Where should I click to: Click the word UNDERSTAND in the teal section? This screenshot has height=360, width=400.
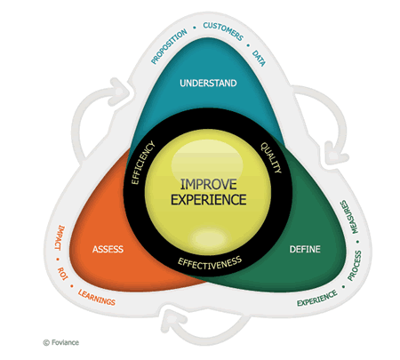point(208,83)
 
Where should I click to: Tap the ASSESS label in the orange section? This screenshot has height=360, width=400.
point(108,249)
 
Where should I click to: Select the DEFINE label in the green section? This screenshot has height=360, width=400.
point(305,249)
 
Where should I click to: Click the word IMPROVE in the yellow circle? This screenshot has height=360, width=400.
point(209,184)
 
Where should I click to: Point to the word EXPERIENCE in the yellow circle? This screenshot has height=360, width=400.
point(209,199)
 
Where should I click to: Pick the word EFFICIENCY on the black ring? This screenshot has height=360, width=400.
point(143,163)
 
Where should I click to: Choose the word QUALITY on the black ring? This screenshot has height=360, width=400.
point(271,157)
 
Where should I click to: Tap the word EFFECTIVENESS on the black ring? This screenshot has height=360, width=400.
point(210,263)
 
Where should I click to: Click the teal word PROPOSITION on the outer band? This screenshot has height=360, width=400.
point(169,46)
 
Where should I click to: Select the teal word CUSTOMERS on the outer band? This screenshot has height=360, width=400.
point(223,31)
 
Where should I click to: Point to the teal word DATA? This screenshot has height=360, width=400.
point(259,58)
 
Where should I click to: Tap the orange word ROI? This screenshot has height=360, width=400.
point(62,274)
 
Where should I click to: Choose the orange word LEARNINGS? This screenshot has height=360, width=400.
point(97,298)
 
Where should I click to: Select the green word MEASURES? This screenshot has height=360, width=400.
point(349,217)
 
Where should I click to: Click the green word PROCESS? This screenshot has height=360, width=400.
point(355,266)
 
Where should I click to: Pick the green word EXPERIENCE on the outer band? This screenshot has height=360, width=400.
point(317,299)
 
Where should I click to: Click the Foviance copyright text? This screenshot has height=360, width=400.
point(61,342)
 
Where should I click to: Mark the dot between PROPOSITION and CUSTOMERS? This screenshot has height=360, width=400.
point(195,28)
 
